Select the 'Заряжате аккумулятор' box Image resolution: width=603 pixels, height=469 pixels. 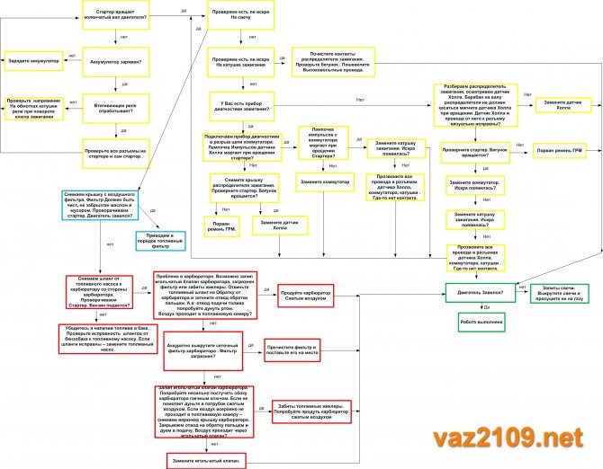click(34, 61)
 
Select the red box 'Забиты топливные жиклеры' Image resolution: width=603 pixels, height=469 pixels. click(307, 411)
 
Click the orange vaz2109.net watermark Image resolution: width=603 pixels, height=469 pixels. click(514, 438)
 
